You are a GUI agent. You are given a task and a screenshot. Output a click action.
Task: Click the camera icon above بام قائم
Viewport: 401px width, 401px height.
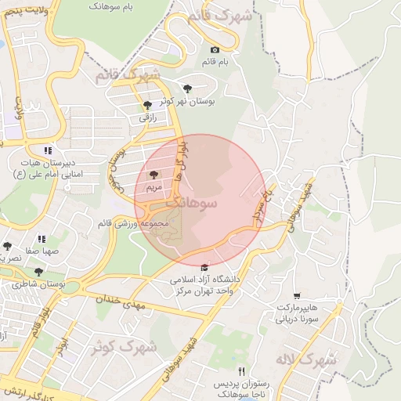click(215, 50)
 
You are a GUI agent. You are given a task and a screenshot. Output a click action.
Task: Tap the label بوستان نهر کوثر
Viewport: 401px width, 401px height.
click(192, 101)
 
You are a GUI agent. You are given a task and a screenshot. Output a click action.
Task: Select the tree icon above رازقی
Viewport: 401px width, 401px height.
click(148, 105)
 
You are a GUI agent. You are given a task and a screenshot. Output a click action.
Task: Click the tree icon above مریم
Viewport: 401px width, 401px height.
click(153, 175)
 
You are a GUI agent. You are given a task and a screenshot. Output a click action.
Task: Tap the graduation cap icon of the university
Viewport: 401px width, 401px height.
click(205, 267)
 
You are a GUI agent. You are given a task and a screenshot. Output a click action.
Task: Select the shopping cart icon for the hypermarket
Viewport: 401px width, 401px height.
click(296, 297)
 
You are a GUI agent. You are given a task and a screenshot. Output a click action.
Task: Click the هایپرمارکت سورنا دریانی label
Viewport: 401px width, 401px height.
click(296, 313)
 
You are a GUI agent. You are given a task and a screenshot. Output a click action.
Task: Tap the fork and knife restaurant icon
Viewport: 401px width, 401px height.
click(242, 371)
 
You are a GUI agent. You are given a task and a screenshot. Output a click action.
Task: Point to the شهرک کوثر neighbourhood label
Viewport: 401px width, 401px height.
click(128, 345)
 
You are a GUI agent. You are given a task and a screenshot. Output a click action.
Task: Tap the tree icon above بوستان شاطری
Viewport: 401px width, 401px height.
click(38, 272)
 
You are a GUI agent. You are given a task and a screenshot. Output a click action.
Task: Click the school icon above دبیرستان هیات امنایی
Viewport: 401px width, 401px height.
click(49, 150)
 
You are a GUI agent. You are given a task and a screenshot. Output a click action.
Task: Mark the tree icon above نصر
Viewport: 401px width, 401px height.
click(8, 247)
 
